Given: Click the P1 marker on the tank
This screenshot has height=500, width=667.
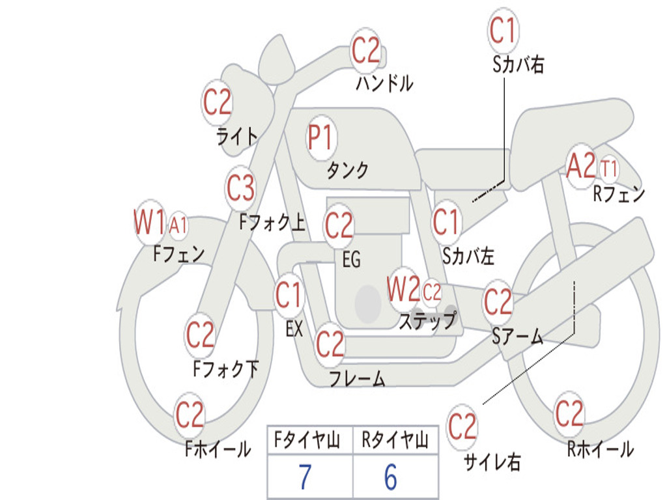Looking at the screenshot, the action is (320, 138).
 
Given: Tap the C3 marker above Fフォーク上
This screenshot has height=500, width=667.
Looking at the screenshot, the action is (240, 188).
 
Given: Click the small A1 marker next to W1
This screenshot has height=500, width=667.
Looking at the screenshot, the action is (178, 225).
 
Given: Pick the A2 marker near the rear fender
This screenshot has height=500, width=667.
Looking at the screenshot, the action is (580, 166).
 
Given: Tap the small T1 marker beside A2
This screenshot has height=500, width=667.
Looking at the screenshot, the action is (609, 169).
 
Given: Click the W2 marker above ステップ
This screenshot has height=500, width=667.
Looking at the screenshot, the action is (403, 289).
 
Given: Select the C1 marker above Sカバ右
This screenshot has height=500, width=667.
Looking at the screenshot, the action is (503, 31).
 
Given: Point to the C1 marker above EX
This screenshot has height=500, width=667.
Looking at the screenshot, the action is (289, 295).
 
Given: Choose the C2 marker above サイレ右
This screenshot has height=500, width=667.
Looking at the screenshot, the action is (462, 426).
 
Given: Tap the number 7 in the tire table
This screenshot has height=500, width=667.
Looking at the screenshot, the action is (305, 477).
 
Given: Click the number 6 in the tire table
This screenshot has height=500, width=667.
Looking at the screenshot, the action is (391, 477).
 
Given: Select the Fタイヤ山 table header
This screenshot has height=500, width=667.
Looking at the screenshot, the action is (307, 439).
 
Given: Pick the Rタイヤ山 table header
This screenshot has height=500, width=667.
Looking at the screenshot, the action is (395, 439).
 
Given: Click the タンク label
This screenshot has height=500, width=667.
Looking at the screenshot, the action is (348, 171).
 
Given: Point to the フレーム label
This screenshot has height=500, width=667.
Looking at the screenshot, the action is (358, 378).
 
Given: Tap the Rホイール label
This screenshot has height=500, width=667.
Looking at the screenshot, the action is (600, 449).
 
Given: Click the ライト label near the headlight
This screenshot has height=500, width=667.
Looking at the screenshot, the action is (237, 136).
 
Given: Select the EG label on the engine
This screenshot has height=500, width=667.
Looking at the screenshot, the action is (352, 259).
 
